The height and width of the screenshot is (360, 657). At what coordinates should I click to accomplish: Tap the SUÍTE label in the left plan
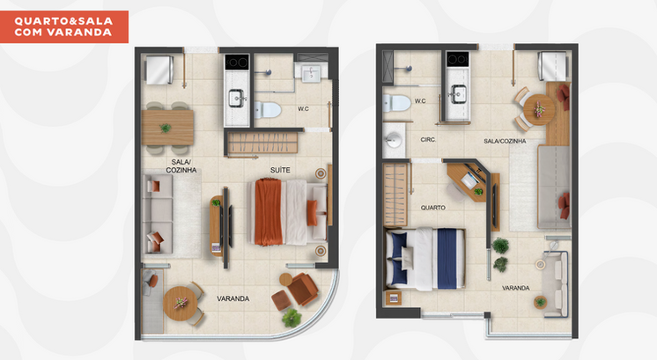(281, 169)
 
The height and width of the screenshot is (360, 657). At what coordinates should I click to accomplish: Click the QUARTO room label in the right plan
(433, 208)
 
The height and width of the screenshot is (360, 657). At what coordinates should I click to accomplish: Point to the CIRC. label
(430, 140)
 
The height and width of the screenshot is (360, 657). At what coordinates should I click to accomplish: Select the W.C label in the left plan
(303, 109)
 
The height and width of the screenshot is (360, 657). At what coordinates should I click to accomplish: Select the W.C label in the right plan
(420, 100)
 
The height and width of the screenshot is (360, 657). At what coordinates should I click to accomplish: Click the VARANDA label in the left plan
(233, 298)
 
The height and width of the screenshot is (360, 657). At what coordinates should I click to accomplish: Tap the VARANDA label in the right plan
(515, 288)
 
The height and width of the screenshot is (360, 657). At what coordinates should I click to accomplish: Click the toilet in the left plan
(267, 110)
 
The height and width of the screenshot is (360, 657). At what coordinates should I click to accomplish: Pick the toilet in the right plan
(397, 103)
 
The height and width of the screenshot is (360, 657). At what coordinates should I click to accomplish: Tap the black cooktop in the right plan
(456, 60)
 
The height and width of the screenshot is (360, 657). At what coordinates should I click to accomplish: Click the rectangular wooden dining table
(166, 123)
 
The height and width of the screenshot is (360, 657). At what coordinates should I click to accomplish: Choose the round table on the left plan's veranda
(181, 302)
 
